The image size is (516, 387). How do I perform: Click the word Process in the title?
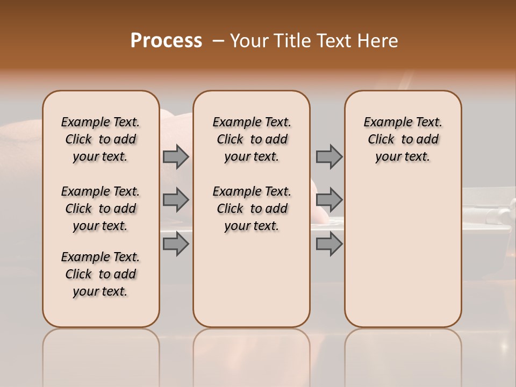166,41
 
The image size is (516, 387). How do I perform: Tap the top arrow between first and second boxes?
176,156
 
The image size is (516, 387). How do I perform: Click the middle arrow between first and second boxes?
176,200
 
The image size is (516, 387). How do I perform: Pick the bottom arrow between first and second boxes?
176,244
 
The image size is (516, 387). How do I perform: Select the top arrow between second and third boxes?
329,156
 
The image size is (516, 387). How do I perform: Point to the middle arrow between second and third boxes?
329,200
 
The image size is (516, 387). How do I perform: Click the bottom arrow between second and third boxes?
329,244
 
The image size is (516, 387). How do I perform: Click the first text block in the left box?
101,139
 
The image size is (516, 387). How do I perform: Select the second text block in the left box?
101,209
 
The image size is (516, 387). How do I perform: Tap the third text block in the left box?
101,274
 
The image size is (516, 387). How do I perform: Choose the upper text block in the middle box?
252,139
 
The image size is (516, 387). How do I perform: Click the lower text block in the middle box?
252,209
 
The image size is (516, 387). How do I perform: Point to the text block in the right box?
403,139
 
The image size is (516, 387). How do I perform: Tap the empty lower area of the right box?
403,253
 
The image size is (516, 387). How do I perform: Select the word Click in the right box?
381,140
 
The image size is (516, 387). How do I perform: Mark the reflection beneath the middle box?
252,355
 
